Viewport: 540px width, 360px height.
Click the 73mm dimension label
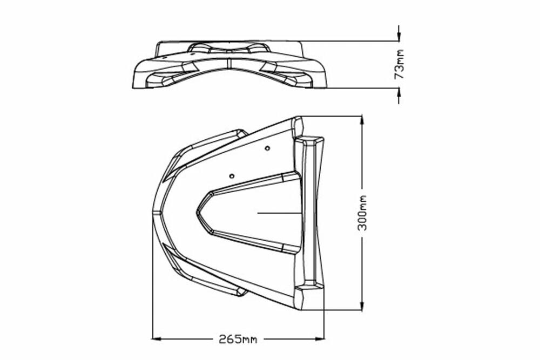[x=399, y=64]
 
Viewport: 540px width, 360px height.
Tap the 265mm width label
[x=238, y=339]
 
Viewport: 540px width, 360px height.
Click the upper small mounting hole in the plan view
[x=267, y=147]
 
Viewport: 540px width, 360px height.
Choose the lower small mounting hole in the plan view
[x=232, y=176]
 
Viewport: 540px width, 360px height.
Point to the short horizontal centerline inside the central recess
[x=278, y=213]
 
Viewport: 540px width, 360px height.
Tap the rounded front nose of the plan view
[x=155, y=213]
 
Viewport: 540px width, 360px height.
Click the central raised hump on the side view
[x=229, y=47]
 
